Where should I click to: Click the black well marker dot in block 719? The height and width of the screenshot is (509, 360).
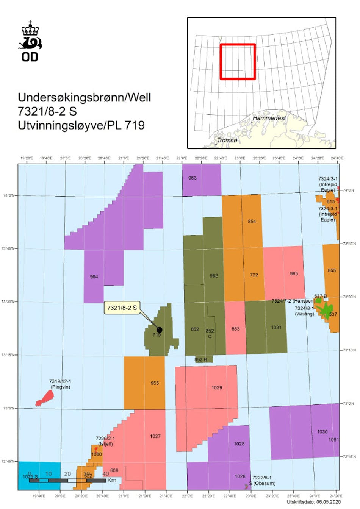click(160, 330)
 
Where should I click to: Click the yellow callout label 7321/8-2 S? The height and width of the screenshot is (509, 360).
click(122, 308)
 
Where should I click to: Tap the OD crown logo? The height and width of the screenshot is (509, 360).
click(30, 41)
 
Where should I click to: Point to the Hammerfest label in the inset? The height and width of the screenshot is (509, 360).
click(269, 118)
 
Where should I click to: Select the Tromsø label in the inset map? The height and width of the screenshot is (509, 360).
click(227, 140)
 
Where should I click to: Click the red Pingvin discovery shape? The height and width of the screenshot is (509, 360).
click(45, 398)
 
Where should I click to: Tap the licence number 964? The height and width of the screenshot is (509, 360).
click(94, 277)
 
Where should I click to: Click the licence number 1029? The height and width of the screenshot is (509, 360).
click(217, 387)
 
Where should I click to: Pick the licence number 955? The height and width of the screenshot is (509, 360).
click(155, 383)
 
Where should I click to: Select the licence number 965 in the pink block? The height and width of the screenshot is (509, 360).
click(294, 273)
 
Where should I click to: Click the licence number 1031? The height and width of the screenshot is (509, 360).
click(276, 327)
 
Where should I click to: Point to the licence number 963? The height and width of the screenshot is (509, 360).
click(193, 178)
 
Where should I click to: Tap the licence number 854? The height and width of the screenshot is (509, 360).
click(252, 221)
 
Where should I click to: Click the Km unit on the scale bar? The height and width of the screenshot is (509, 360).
click(112, 480)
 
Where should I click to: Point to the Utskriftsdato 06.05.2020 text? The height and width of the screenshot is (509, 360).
click(313, 502)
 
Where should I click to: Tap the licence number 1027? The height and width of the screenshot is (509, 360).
click(155, 436)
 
